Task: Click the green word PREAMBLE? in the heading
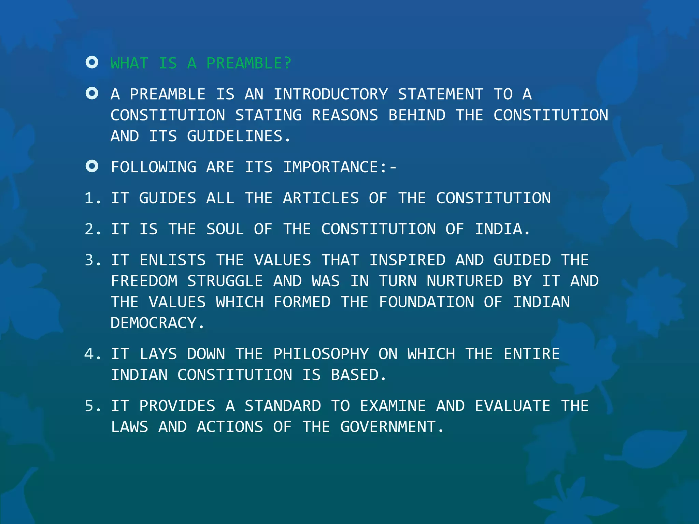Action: (x=249, y=63)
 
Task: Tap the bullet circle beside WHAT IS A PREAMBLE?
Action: (x=92, y=62)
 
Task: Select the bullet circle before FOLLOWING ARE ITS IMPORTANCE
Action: (x=92, y=166)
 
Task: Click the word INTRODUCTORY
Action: (x=331, y=94)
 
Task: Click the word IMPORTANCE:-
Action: (x=340, y=168)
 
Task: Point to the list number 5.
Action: (x=92, y=406)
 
